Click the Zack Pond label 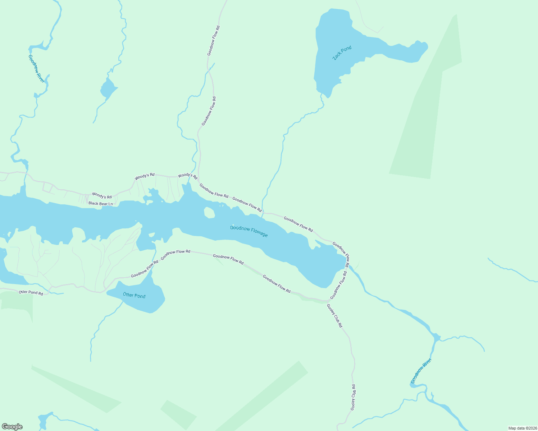pos(342,53)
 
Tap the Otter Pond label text pos(134,295)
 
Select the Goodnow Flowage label pos(249,231)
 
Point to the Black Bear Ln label pos(101,204)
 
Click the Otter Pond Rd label pos(31,293)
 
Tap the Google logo pos(12,427)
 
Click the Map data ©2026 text pos(522,428)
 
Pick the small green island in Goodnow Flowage pos(209,213)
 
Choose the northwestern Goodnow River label pos(37,69)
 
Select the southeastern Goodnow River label pos(421,371)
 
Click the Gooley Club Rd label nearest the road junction pos(334,316)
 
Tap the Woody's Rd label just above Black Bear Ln pos(102,195)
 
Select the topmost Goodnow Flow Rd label pos(213,40)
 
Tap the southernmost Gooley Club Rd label pos(353,398)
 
